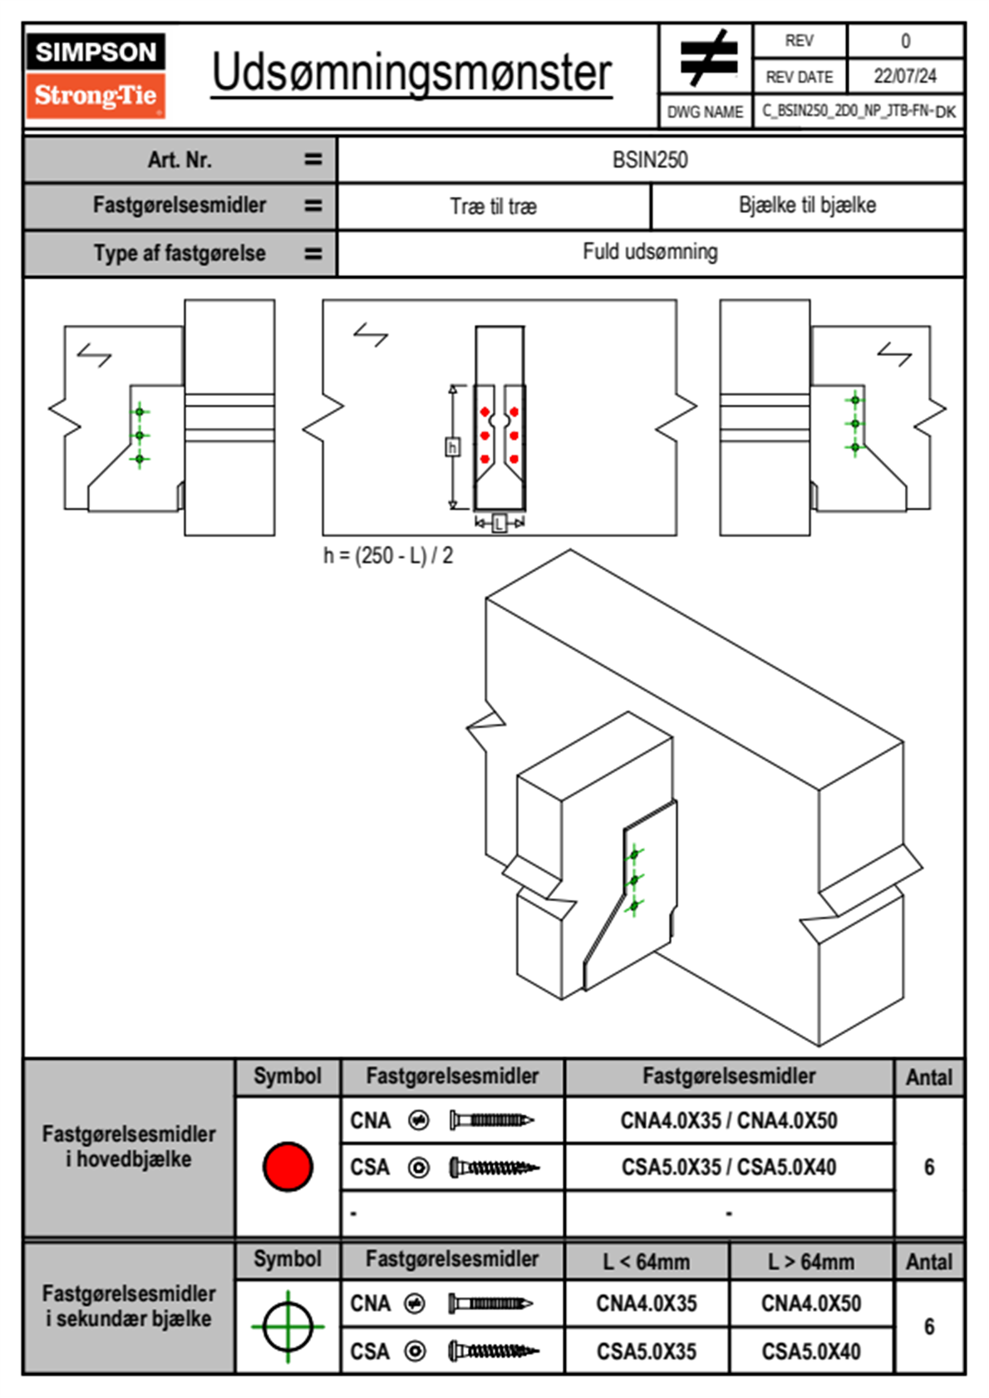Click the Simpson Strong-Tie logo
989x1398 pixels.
coord(96,76)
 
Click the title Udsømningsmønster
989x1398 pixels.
coord(411,73)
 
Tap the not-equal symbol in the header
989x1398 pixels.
coord(707,58)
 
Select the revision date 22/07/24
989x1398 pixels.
coord(904,76)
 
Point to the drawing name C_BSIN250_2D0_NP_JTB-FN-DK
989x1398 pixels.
coord(859,111)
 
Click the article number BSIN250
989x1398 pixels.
coord(650,160)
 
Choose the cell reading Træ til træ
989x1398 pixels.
coord(494,206)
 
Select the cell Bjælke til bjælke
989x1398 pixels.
coord(807,205)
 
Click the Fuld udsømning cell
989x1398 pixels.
coord(650,252)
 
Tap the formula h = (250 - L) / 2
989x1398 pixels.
coord(388,555)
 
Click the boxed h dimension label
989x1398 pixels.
coord(452,448)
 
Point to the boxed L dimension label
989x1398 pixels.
coord(499,523)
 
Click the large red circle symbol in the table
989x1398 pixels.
coord(288,1166)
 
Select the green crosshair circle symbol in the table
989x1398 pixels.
coord(288,1327)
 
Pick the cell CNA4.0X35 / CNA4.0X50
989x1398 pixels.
coord(729,1120)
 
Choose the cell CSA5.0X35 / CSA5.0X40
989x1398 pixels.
coord(729,1167)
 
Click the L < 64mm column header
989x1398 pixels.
coord(647,1262)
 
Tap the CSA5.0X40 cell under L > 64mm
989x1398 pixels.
coord(811,1351)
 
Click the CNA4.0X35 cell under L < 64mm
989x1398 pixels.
coord(647,1303)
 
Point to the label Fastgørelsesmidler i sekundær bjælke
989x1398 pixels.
coord(129,1306)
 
